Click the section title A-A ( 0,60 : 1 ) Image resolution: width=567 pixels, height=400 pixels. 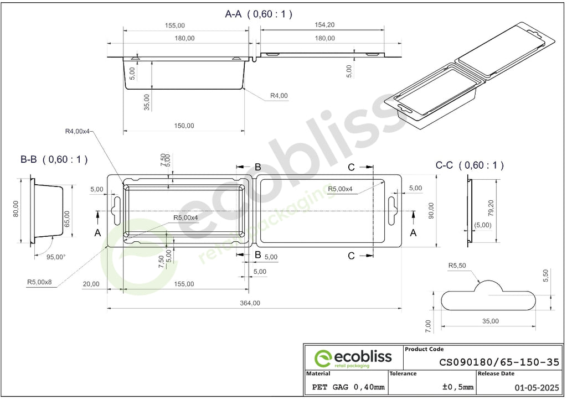point(259,14)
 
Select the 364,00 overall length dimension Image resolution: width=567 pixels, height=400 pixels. point(250,303)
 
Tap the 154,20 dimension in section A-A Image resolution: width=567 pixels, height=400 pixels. point(324,25)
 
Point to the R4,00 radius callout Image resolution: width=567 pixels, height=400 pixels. point(279,96)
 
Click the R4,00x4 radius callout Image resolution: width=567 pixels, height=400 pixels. point(77,131)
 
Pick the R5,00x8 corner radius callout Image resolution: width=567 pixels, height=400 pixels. point(39,282)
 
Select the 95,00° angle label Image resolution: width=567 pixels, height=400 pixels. point(56,257)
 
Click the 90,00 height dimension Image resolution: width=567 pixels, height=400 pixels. point(431,211)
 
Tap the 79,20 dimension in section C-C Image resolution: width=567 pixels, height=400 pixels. point(491,209)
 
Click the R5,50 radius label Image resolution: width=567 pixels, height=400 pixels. point(457,266)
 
